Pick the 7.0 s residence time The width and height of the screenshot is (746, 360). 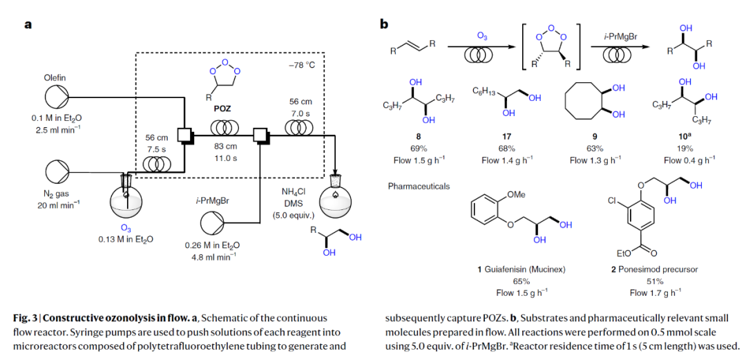click(x=300, y=112)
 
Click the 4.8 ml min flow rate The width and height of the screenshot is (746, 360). click(x=210, y=256)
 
